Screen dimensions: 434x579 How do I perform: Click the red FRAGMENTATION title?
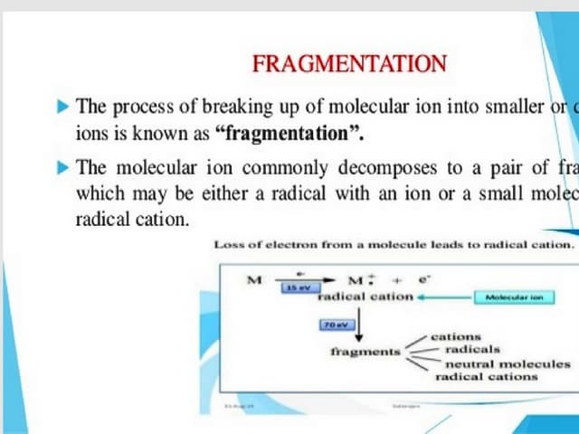pos(349,63)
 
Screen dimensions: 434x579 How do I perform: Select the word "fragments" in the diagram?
pos(365,351)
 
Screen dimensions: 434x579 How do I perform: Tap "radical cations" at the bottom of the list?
pos(487,376)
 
